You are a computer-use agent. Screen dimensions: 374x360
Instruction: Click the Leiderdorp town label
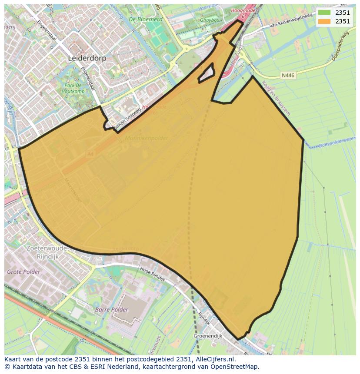click(87, 58)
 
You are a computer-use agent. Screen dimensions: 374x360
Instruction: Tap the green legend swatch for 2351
click(324, 13)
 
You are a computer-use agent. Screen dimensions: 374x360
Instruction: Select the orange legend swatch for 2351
click(324, 21)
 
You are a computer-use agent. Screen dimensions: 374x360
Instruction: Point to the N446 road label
click(288, 75)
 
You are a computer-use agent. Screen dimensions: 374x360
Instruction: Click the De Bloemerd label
click(145, 20)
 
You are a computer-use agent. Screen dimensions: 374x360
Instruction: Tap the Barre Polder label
click(112, 310)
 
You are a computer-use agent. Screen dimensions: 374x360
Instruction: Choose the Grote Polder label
click(23, 272)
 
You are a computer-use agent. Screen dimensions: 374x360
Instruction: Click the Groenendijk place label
click(208, 336)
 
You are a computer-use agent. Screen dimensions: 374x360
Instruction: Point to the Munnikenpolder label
click(146, 138)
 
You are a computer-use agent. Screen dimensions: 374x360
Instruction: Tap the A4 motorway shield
click(90, 154)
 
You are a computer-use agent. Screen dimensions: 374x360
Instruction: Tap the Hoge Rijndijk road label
click(153, 275)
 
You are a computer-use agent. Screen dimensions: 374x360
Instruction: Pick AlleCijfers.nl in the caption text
click(213, 359)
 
